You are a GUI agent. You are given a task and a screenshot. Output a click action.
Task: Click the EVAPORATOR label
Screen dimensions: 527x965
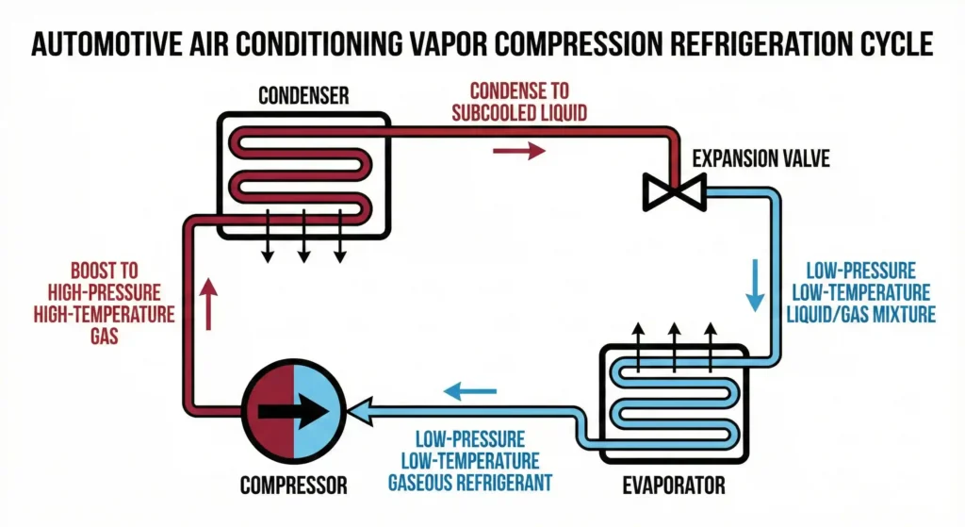pos(673,486)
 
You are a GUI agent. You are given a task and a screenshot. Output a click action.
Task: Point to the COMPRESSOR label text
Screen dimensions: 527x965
pos(293,486)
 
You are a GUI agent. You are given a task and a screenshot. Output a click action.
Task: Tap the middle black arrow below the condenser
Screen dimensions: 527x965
pos(303,243)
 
